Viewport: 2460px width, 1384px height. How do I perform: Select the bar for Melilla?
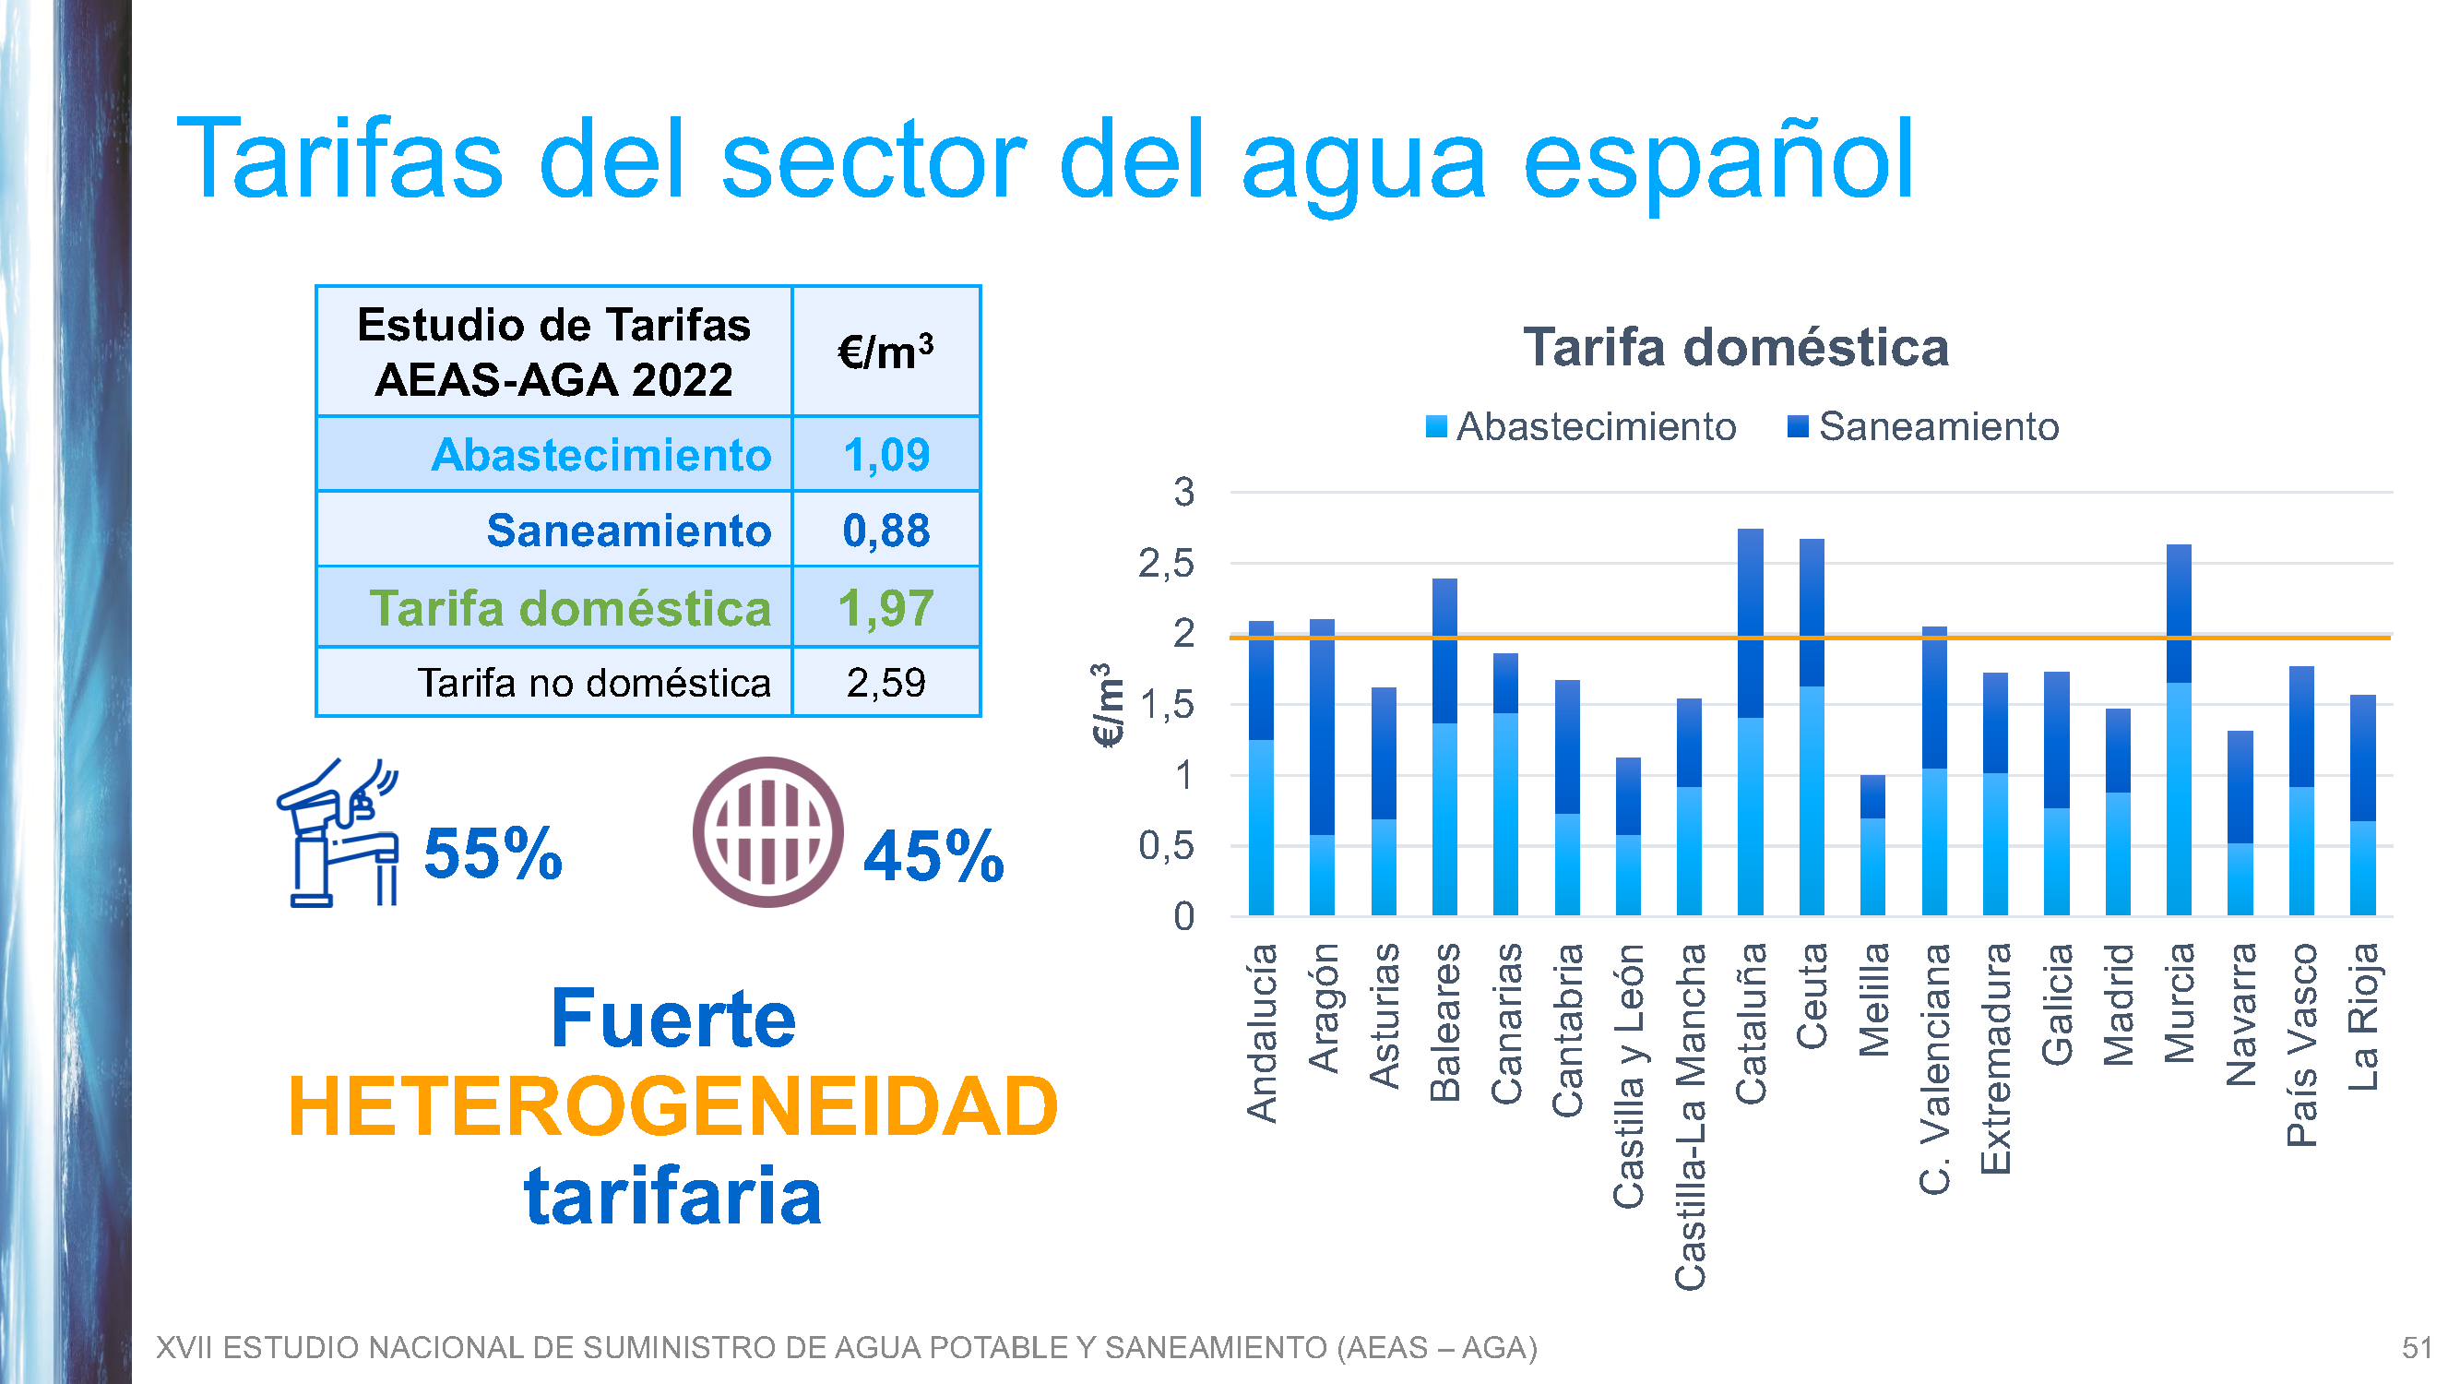[1872, 846]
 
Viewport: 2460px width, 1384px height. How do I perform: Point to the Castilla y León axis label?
[1628, 1076]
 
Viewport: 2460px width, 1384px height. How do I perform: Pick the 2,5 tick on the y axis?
[1166, 564]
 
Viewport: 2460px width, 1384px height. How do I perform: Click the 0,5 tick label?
[1166, 845]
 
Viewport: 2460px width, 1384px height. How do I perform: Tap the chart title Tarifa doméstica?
[1735, 347]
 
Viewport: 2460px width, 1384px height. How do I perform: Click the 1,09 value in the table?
[886, 455]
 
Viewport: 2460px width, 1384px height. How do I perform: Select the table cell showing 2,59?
[886, 683]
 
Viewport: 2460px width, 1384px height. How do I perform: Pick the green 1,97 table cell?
[886, 607]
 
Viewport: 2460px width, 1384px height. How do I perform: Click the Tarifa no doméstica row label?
[594, 683]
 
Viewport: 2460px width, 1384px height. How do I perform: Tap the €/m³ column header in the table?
[886, 352]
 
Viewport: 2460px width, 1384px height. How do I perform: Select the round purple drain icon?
[767, 832]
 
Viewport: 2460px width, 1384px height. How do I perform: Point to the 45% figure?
[933, 856]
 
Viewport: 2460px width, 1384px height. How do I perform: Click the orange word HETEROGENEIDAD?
[673, 1106]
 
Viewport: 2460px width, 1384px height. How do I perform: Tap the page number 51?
[2417, 1348]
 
